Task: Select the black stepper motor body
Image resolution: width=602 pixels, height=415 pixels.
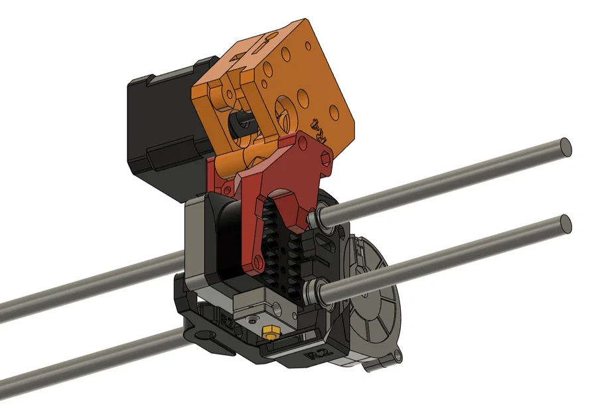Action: point(159,133)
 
